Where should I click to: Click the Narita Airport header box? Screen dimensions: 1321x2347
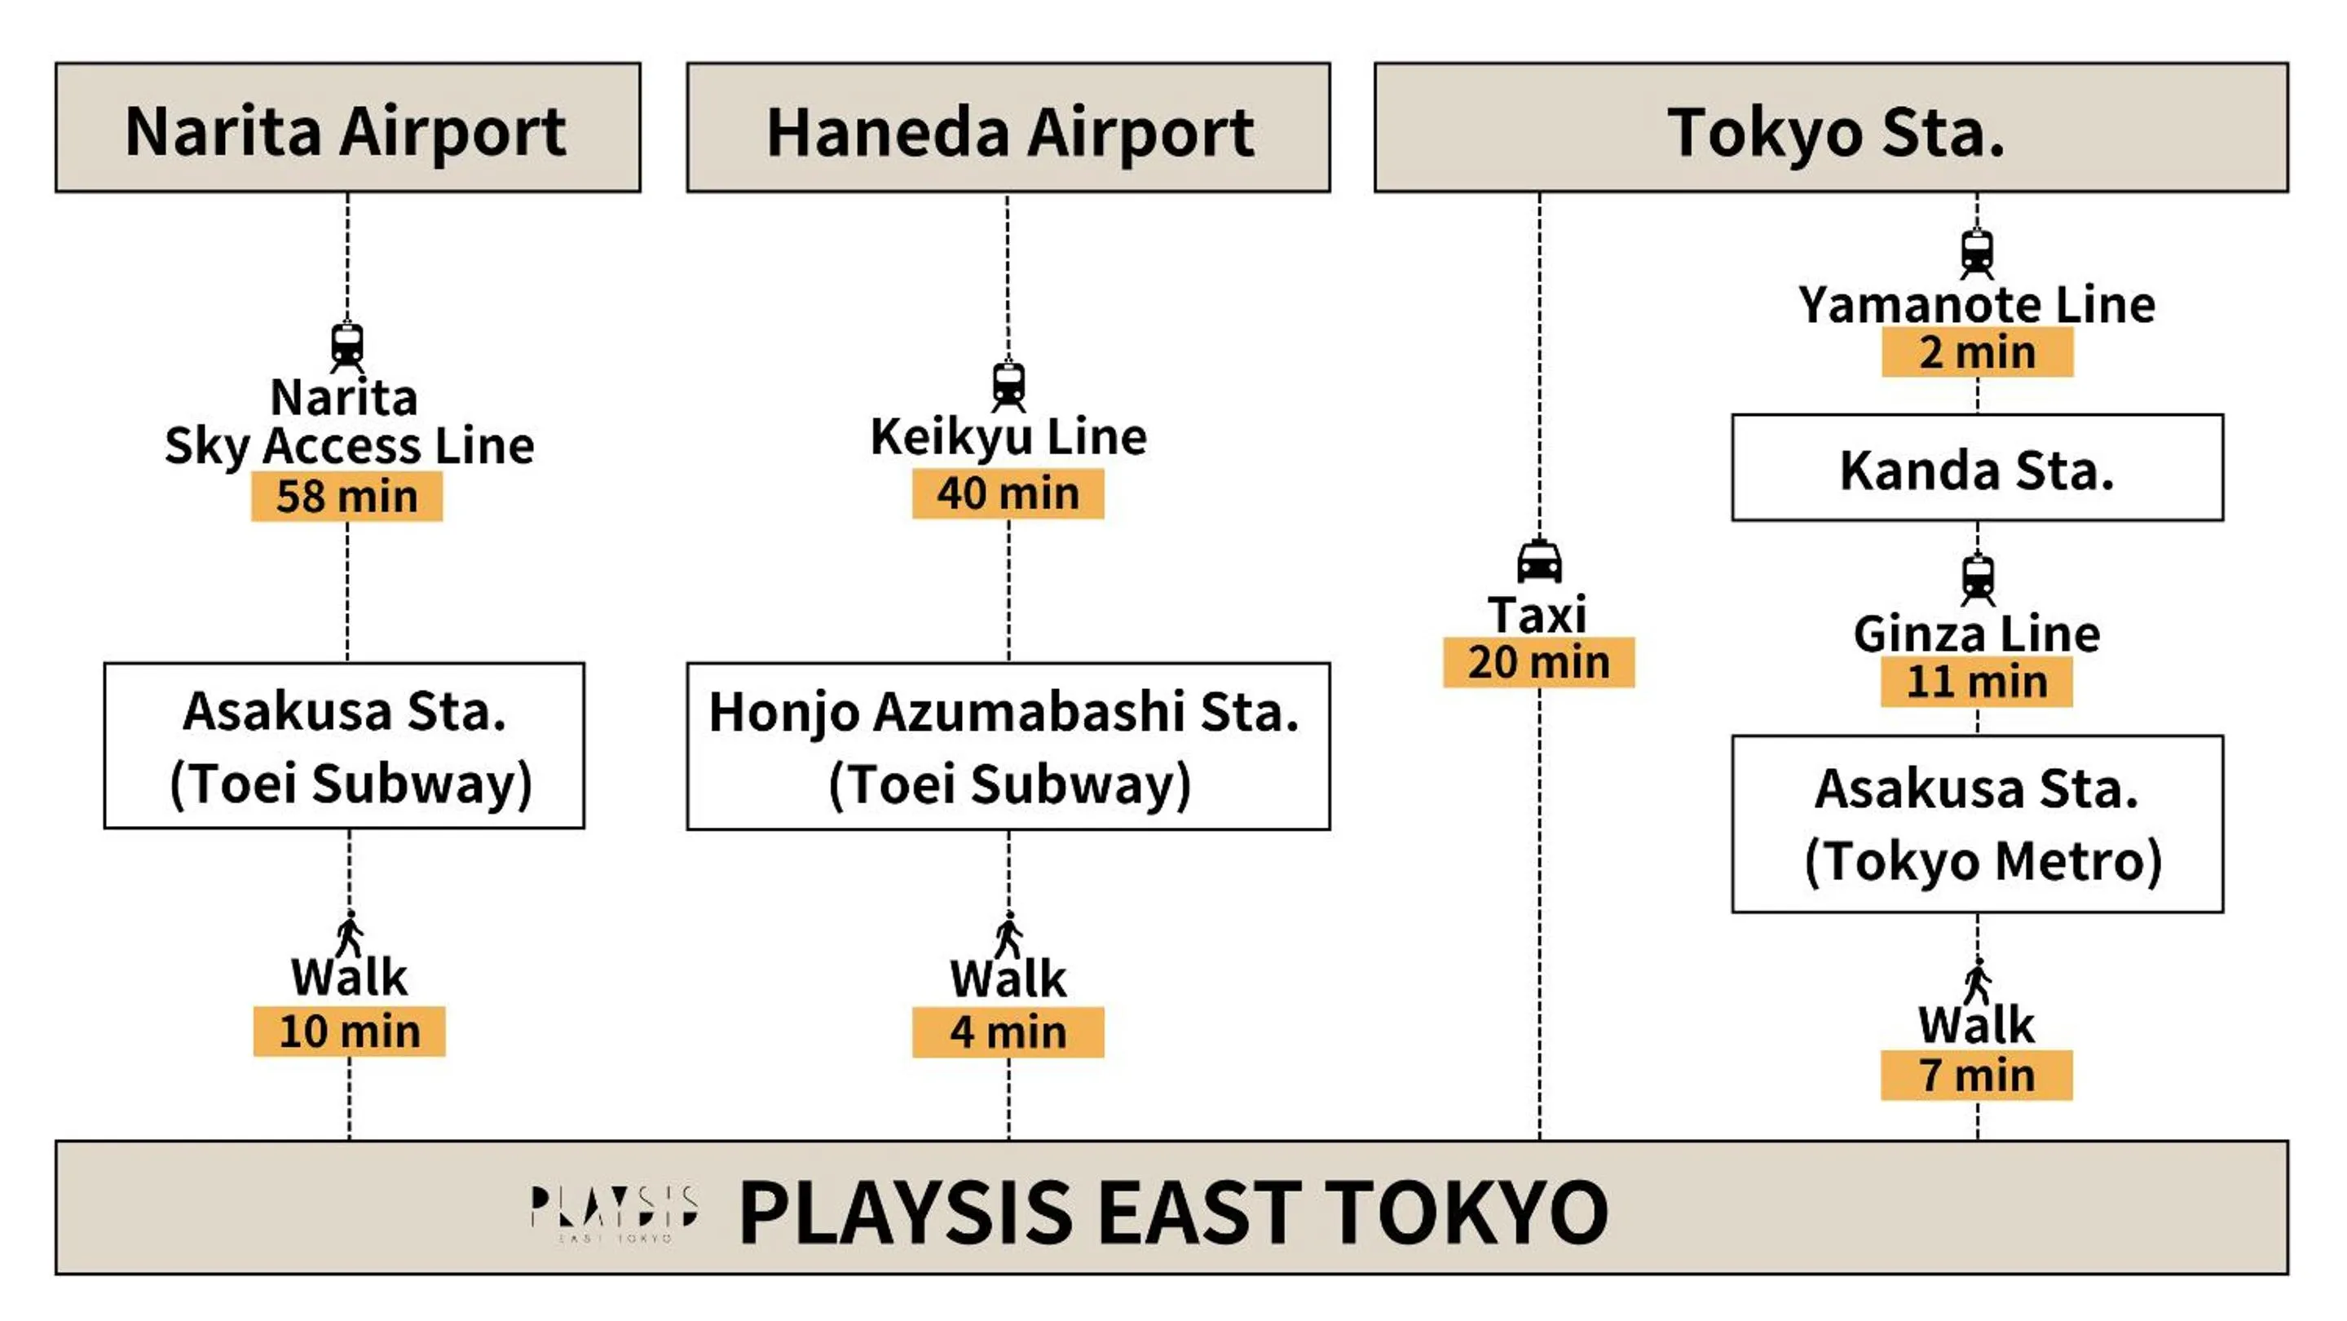pos(347,127)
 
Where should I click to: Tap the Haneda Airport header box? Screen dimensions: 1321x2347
pos(1008,127)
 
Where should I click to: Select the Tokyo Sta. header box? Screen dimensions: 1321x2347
pos(1830,127)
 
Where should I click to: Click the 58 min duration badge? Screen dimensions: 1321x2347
pos(347,497)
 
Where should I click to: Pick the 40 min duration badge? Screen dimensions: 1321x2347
pos(1008,494)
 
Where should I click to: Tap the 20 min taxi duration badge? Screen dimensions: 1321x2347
pos(1538,662)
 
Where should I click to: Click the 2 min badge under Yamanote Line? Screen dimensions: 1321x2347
pos(1976,352)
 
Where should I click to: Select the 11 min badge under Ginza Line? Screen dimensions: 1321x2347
pos(1976,683)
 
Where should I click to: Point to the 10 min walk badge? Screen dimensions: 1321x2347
pos(349,1032)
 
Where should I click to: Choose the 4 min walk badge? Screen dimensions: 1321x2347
pos(1008,1032)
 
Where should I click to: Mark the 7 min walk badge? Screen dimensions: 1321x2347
pos(1976,1075)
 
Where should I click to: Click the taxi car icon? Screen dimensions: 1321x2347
pos(1539,562)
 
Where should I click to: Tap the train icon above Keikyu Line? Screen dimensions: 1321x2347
pos(1008,387)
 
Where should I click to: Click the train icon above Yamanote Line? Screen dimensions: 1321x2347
pos(1976,254)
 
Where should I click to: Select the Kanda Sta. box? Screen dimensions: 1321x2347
pos(1976,468)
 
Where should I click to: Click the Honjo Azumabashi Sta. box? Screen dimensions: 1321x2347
pos(1008,746)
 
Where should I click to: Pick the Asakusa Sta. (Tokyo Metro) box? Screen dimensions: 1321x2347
pos(1976,824)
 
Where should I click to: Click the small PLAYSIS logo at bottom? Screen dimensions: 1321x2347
pos(614,1212)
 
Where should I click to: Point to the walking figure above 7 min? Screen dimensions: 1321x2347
pos(1976,982)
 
